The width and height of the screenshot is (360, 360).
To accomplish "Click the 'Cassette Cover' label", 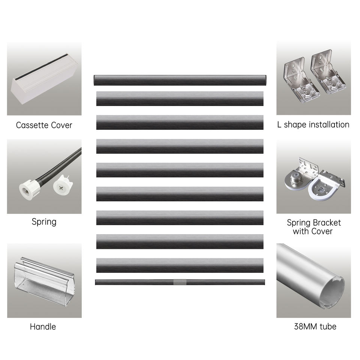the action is (x=44, y=125).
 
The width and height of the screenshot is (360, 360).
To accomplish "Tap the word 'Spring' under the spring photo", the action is (x=44, y=222).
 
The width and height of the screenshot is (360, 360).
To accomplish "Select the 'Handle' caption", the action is (x=43, y=327).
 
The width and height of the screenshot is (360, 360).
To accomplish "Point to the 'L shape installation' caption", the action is (x=313, y=124).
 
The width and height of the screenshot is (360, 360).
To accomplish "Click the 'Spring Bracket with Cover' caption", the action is (x=313, y=227).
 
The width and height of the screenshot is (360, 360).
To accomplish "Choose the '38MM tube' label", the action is (x=315, y=326).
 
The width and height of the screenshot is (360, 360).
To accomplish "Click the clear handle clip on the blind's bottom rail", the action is (x=180, y=282).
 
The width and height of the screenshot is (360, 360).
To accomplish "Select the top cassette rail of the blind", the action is (x=180, y=80).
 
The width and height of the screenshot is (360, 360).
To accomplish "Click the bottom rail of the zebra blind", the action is (x=180, y=282).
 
